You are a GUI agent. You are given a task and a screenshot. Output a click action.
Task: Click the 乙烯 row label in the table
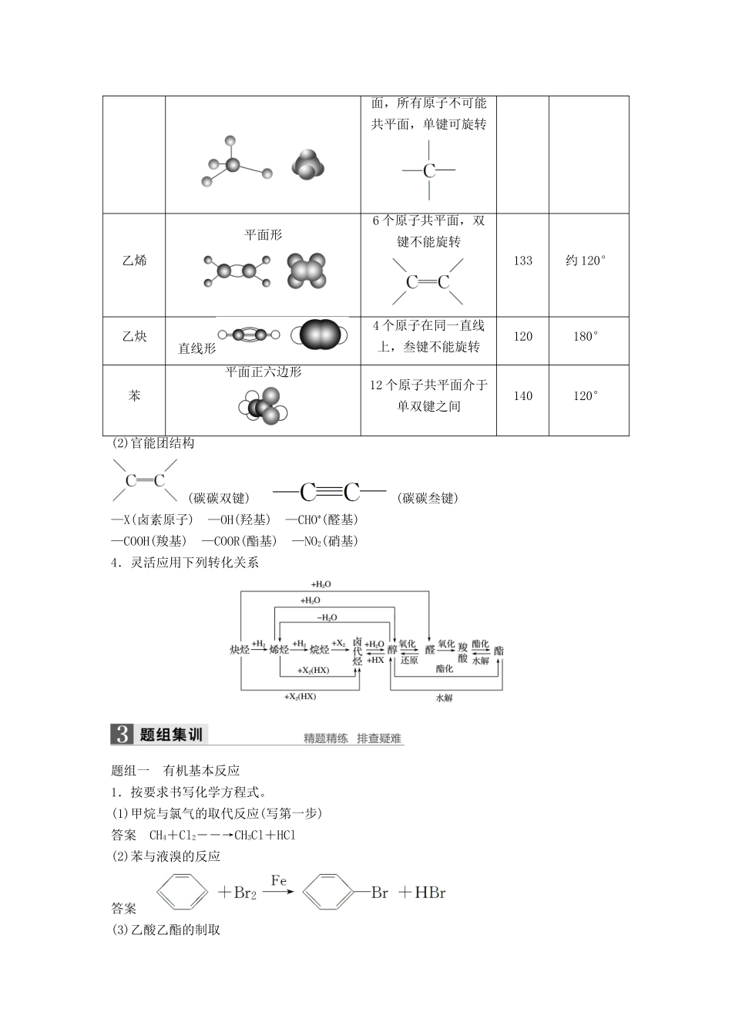coord(134,261)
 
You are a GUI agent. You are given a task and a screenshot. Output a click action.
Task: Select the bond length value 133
coord(522,261)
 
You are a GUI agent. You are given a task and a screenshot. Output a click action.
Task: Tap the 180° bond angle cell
coord(586,337)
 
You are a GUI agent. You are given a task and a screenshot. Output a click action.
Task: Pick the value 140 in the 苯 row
coord(522,396)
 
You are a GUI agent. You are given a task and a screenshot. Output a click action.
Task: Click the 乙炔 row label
coord(134,337)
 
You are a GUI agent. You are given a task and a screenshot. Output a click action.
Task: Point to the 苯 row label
coord(134,396)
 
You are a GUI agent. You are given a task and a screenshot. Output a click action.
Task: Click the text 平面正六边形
coord(263,372)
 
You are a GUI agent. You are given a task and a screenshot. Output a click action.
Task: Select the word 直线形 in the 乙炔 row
coord(196,348)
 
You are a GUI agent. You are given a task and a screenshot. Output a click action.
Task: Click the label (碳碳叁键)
coord(429,499)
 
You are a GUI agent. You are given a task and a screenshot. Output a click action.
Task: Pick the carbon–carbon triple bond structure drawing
coord(330,492)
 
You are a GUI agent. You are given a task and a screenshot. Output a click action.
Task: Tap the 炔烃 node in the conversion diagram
coord(240,650)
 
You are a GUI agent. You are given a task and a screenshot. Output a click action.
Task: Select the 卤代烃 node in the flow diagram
coord(357,651)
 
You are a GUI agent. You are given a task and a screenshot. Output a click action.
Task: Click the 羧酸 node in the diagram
coord(462,651)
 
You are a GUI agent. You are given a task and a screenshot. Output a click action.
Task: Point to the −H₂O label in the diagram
coord(327,617)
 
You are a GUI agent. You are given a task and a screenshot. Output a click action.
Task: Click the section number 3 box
coord(122,735)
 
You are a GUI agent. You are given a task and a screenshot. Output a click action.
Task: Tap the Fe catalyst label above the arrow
coord(279,880)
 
